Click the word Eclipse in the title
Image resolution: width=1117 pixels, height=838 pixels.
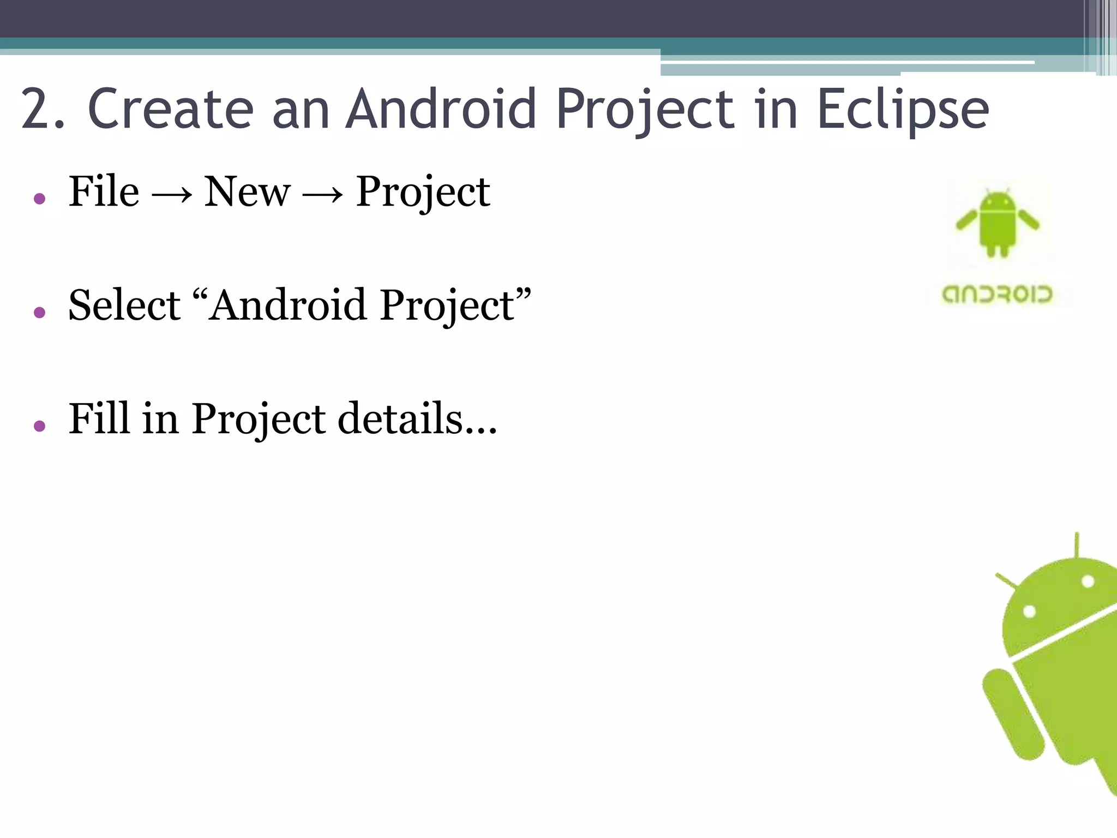click(903, 110)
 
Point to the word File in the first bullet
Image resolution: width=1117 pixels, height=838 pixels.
click(104, 191)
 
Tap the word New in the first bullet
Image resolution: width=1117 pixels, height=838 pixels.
click(247, 191)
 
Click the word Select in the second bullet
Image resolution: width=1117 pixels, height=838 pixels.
click(124, 305)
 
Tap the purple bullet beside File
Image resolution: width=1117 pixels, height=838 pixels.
click(39, 199)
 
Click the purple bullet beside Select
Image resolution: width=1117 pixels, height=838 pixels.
click(39, 312)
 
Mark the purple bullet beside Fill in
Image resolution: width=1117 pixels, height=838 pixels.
click(39, 426)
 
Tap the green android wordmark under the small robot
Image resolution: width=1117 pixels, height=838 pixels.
click(998, 295)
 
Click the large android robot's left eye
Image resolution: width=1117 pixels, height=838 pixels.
click(1029, 611)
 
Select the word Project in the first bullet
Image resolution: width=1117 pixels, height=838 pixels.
click(423, 193)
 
